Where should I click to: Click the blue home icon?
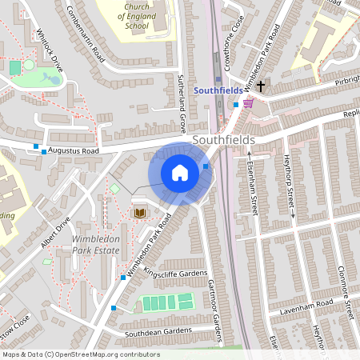tap(180, 173)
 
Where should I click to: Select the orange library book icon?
tap(140, 212)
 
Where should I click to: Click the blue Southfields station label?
tap(218, 90)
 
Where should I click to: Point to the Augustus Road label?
tap(73, 150)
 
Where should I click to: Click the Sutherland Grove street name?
tap(182, 93)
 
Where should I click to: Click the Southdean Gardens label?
tap(158, 331)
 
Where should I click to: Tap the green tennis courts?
tap(166, 302)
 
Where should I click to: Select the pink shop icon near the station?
tap(247, 102)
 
